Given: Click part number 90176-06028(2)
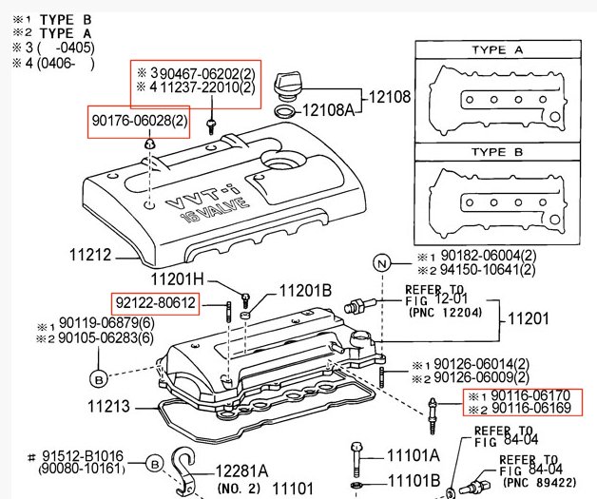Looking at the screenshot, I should click(140, 123).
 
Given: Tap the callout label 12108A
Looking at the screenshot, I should click(328, 111).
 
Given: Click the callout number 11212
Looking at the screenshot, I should click(92, 255).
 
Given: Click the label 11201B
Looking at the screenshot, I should click(303, 290).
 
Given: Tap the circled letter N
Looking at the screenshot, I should click(382, 262).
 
